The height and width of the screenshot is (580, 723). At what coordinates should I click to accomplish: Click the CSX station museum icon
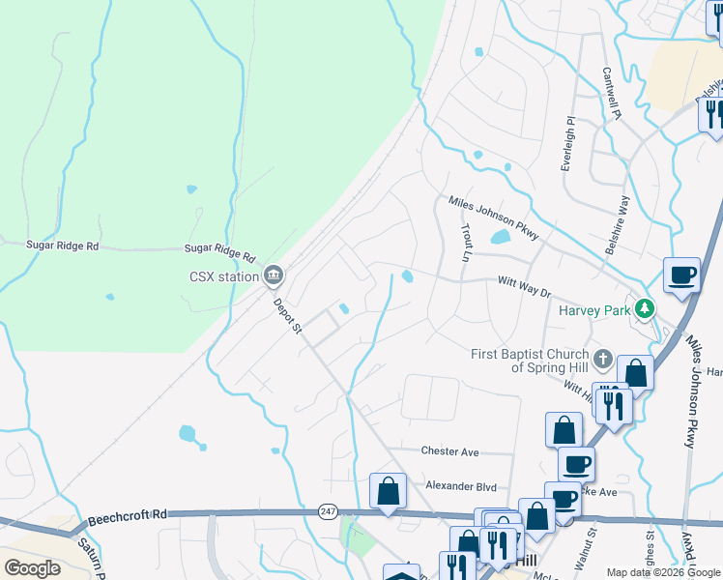click(274, 276)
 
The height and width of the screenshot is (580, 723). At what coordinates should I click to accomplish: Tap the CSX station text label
click(224, 276)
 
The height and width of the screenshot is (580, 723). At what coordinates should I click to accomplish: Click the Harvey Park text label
click(593, 310)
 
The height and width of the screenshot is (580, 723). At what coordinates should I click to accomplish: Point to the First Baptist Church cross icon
click(603, 361)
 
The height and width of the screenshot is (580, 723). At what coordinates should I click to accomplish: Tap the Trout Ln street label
click(466, 244)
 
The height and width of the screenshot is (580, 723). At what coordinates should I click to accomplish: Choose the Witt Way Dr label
click(523, 286)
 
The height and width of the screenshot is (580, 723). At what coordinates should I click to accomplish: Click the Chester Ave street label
click(449, 451)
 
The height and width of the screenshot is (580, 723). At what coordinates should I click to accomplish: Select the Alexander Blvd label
click(461, 486)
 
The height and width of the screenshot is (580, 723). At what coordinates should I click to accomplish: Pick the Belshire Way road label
click(618, 225)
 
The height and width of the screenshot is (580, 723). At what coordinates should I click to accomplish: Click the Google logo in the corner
click(32, 568)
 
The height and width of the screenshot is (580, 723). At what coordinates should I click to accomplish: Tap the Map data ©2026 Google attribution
click(663, 572)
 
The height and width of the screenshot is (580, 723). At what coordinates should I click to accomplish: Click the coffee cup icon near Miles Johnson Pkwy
click(681, 275)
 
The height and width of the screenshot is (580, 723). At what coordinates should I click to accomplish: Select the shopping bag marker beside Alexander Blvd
click(388, 490)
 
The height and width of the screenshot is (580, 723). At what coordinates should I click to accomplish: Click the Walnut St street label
click(586, 547)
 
